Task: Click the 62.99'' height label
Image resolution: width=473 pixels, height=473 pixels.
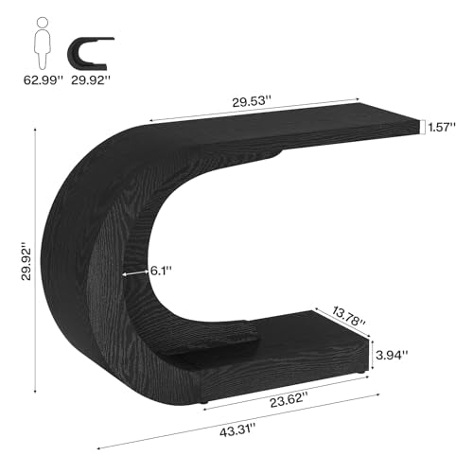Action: click(x=44, y=80)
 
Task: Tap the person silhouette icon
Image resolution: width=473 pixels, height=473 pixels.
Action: click(x=43, y=44)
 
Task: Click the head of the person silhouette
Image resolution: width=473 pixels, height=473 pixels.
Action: click(x=43, y=22)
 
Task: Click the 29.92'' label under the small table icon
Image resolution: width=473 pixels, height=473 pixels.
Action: click(x=91, y=80)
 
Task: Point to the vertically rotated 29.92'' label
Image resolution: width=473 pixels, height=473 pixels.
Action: click(x=26, y=261)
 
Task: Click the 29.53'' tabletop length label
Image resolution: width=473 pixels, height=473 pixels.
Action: click(x=252, y=101)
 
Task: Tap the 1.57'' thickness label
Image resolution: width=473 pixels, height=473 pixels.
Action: click(x=442, y=127)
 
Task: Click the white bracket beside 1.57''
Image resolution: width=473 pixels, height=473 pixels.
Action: click(x=422, y=127)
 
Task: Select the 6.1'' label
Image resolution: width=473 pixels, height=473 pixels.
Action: click(x=161, y=271)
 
